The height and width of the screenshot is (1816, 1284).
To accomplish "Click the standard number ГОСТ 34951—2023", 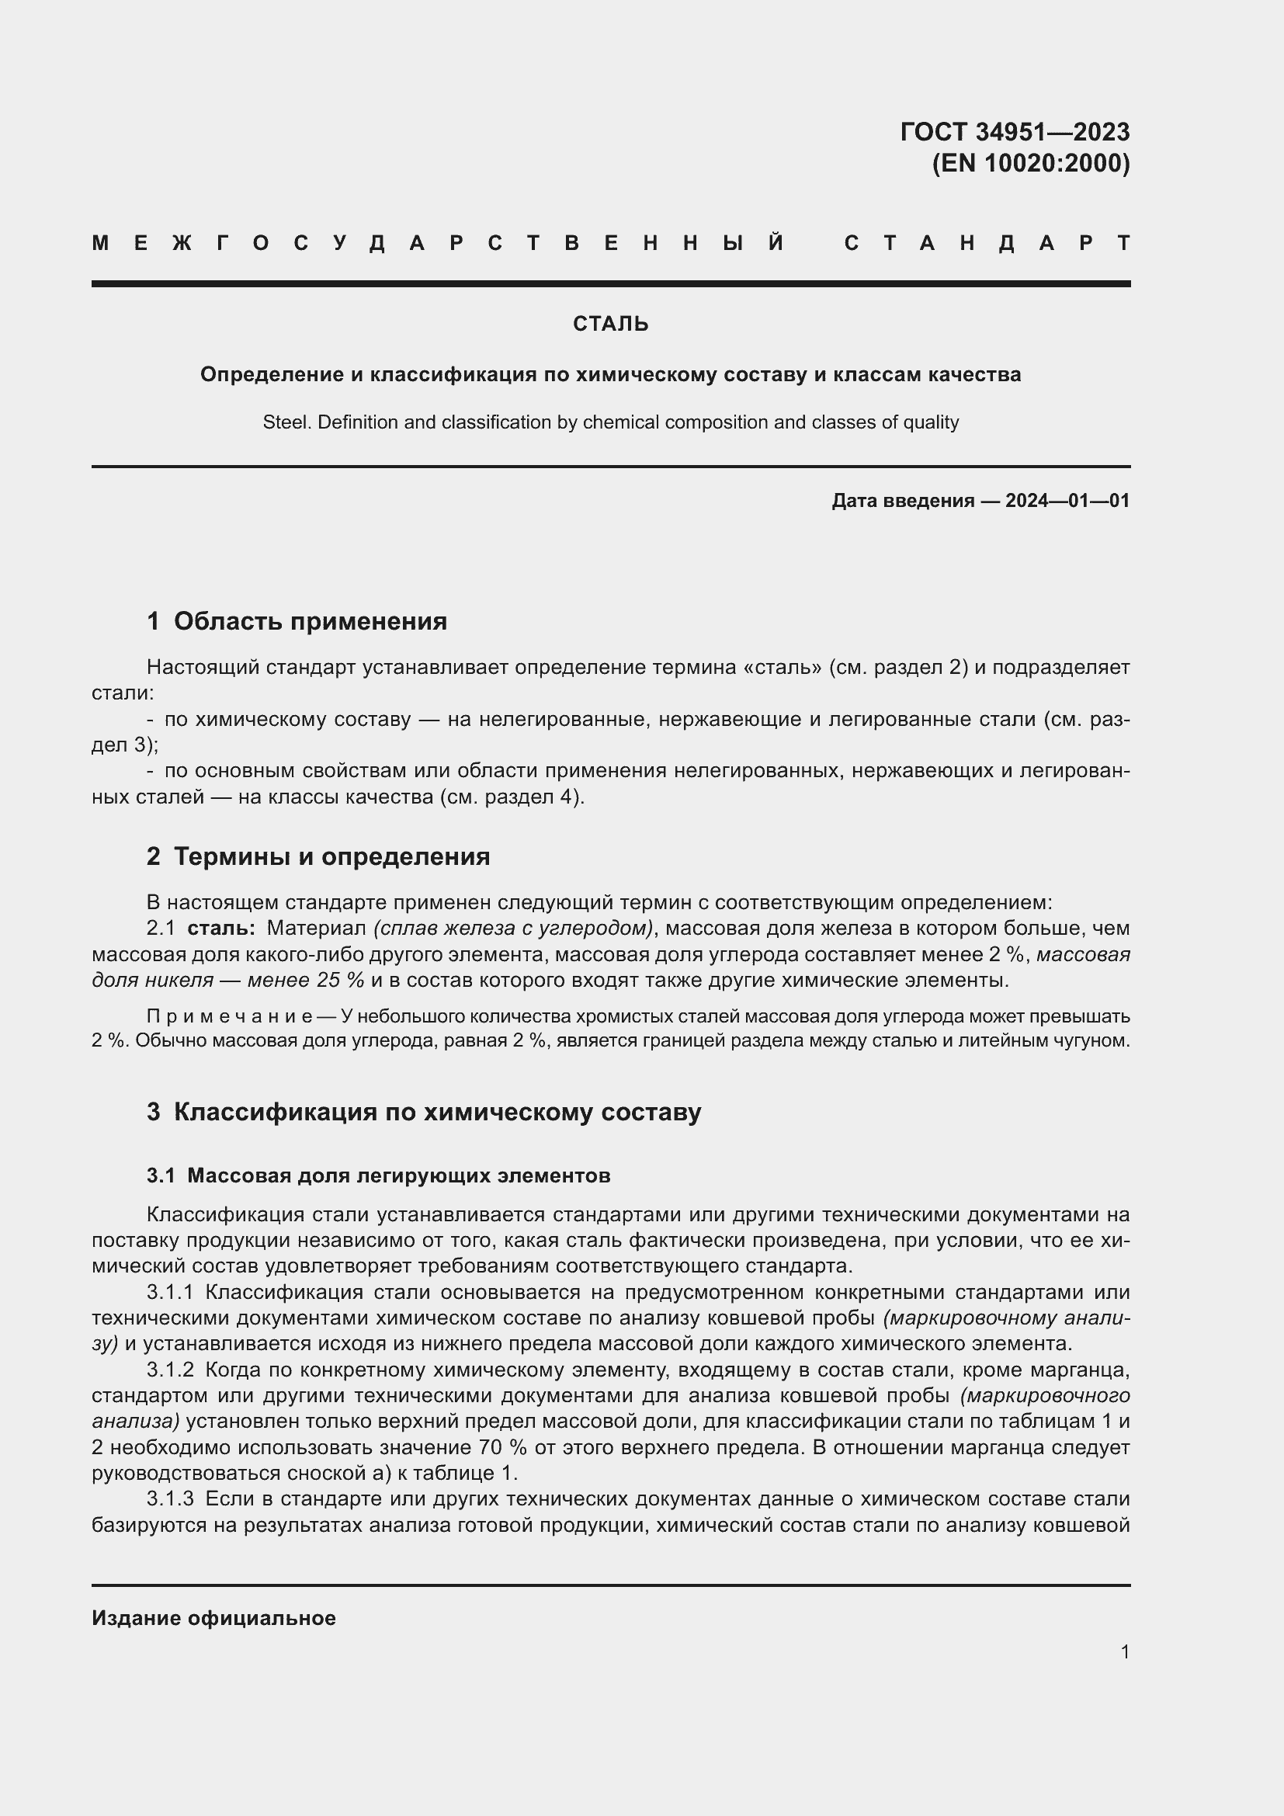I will pyautogui.click(x=1015, y=131).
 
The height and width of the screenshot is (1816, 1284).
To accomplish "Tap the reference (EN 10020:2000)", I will pyautogui.click(x=1030, y=163).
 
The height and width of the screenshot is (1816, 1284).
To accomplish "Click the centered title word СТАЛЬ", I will pyautogui.click(x=610, y=324).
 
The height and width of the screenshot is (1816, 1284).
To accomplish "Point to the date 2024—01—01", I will pyautogui.click(x=1067, y=501).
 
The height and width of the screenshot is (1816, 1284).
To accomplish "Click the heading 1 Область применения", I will pyautogui.click(x=297, y=622).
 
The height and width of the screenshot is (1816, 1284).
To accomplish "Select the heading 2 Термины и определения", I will pyautogui.click(x=318, y=856).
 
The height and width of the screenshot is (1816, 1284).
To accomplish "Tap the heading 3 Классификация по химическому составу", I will pyautogui.click(x=424, y=1112).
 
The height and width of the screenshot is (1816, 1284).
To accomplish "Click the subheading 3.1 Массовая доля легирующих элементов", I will pyautogui.click(x=378, y=1176).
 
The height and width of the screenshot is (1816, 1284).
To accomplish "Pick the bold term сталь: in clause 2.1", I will pyautogui.click(x=221, y=929).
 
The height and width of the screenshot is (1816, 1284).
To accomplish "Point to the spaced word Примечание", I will pyautogui.click(x=229, y=1016).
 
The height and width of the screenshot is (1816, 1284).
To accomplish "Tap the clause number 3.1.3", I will pyautogui.click(x=170, y=1498).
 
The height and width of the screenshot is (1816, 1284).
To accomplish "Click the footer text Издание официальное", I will pyautogui.click(x=213, y=1618).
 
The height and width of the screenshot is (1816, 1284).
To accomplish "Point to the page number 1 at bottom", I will pyautogui.click(x=1125, y=1651).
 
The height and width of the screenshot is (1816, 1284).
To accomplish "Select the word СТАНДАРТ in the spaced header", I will pyautogui.click(x=987, y=243).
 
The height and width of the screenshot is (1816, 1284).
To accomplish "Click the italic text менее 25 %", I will pyautogui.click(x=306, y=981).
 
